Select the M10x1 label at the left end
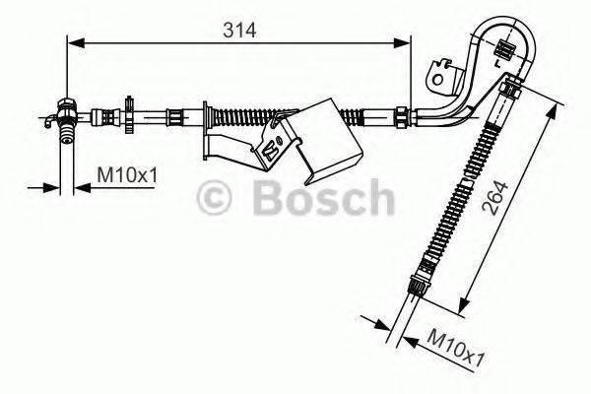click(127, 176)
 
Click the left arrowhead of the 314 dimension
click(73, 41)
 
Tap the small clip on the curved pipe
click(507, 48)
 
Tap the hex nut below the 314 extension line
click(402, 116)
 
